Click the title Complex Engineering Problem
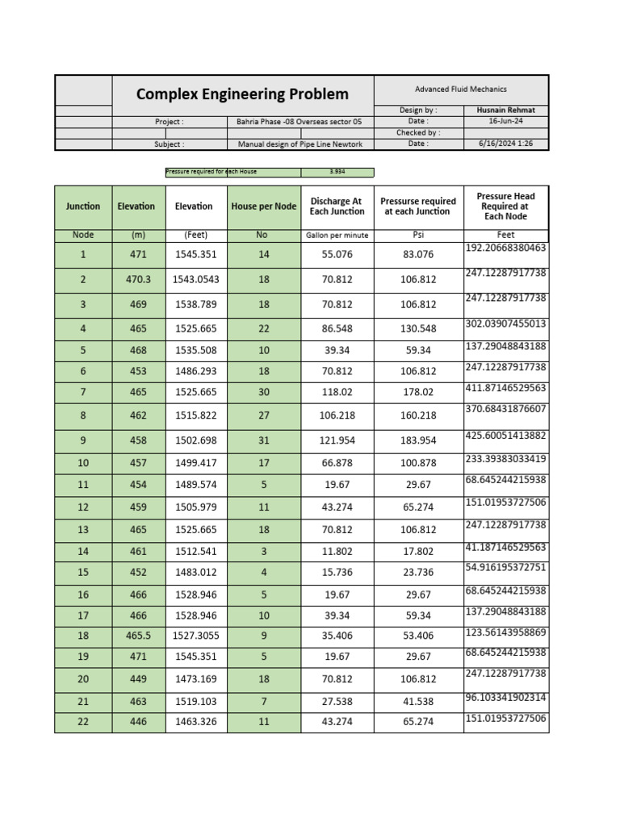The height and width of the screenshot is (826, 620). click(x=242, y=94)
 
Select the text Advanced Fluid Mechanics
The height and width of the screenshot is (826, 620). click(x=461, y=90)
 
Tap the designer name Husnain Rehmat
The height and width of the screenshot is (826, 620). click(x=506, y=110)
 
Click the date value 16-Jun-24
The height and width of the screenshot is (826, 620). click(x=506, y=121)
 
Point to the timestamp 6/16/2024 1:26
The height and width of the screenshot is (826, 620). click(x=506, y=144)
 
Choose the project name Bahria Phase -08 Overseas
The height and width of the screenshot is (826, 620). click(x=300, y=122)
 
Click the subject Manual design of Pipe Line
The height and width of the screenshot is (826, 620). click(x=300, y=144)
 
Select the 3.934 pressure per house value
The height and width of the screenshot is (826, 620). click(x=337, y=172)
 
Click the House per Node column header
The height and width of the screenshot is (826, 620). click(x=263, y=206)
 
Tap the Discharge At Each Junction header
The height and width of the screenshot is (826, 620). click(x=337, y=206)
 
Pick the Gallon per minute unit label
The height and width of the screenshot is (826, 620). click(x=337, y=236)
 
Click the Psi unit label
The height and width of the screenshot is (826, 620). click(x=417, y=236)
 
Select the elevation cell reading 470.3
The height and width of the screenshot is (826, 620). click(x=138, y=280)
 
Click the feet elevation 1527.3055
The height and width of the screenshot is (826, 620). click(x=195, y=636)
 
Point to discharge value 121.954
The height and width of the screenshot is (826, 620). click(x=337, y=441)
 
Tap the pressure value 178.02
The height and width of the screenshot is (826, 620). click(x=417, y=392)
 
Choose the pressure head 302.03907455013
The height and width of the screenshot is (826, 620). click(x=506, y=323)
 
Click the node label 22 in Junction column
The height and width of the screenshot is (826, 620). click(x=83, y=722)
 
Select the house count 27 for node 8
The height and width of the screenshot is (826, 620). click(x=263, y=416)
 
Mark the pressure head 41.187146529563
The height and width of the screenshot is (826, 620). click(x=506, y=547)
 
